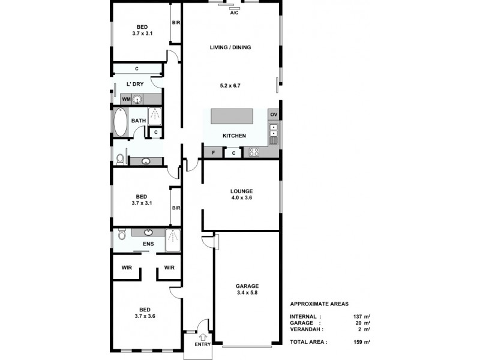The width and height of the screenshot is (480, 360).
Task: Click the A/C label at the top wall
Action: coord(235,13)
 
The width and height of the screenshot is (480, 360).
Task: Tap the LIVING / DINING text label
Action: coord(230,47)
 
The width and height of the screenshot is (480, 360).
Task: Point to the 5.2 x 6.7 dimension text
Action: coord(230,86)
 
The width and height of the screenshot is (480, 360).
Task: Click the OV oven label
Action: coord(274,115)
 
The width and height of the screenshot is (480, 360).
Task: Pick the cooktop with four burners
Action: coord(254,152)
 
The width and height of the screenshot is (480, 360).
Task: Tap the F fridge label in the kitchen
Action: coord(214,153)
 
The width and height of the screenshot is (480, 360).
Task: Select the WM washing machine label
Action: coord(127,99)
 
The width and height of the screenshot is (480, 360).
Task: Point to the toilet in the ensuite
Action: coord(121,233)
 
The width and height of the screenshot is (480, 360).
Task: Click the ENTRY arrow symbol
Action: coord(202,337)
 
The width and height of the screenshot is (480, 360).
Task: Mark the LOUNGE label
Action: coord(241,191)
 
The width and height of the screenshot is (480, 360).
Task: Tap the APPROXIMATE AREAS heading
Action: coord(319,304)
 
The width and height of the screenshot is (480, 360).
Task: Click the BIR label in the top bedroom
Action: coord(176,23)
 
